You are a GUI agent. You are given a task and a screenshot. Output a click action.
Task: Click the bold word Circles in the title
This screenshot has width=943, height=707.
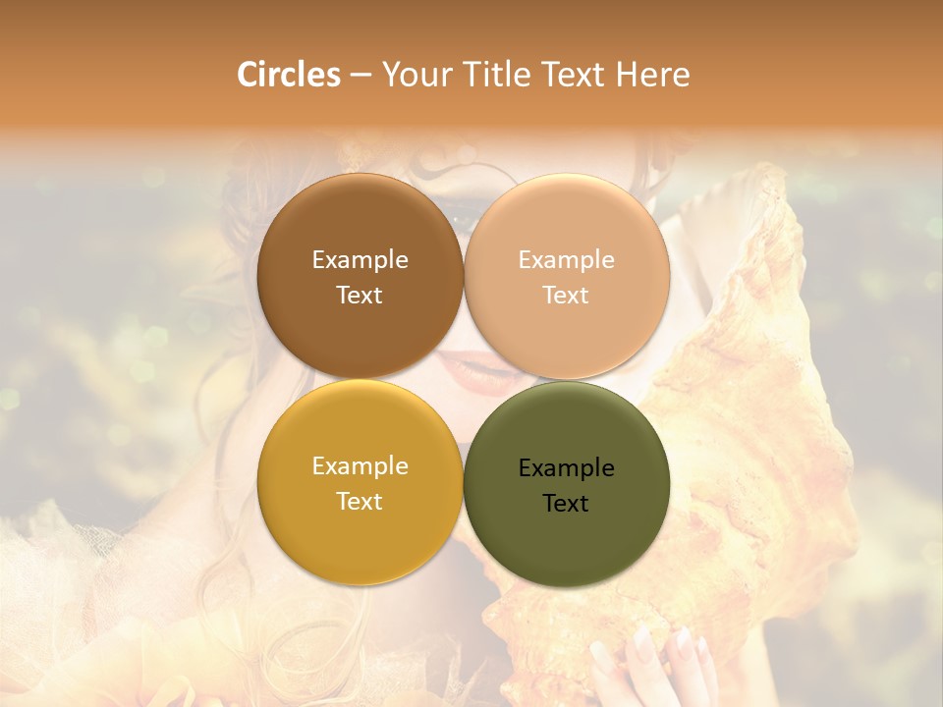288,75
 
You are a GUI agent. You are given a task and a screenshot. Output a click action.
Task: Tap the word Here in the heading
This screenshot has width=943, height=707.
653,75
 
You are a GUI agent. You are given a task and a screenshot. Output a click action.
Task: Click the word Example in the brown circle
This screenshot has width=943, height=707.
360,259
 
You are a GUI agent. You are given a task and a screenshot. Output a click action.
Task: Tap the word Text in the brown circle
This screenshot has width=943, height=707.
360,295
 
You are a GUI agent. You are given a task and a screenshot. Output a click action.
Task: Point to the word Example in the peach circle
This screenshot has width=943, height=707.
566,259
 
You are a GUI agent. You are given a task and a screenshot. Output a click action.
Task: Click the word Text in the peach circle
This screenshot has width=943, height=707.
566,295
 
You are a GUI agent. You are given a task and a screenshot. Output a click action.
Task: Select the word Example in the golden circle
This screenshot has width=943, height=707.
360,465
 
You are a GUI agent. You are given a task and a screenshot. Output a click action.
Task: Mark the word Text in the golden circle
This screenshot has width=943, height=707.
360,501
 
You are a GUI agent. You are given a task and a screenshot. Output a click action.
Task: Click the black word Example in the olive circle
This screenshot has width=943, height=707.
566,467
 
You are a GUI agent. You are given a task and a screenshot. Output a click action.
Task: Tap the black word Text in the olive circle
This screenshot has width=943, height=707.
566,503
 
